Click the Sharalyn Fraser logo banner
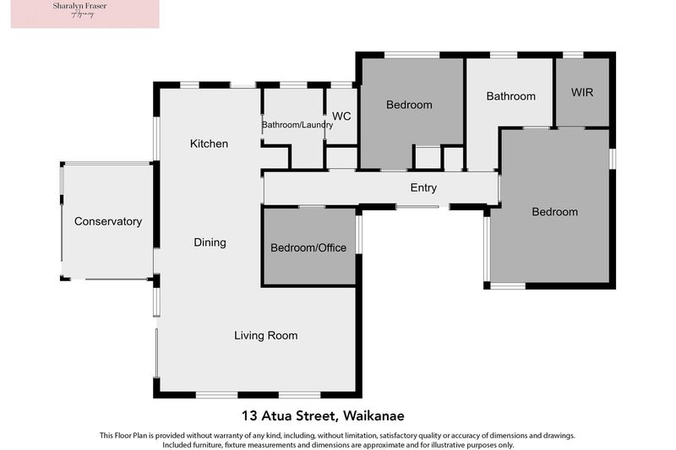click(84, 14)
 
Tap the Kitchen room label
click(209, 144)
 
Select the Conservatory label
click(108, 221)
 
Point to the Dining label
click(210, 242)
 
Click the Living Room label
click(265, 335)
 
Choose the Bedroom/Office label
click(308, 247)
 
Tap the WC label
click(341, 116)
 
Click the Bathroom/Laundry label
click(297, 125)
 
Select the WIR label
click(582, 92)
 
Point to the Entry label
click(423, 187)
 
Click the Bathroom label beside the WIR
click(510, 96)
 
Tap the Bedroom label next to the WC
click(409, 105)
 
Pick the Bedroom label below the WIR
click(554, 212)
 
